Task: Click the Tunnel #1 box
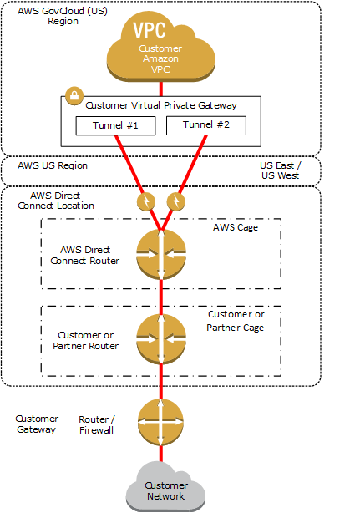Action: (115, 125)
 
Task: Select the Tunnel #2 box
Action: (206, 125)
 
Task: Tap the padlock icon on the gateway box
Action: (74, 96)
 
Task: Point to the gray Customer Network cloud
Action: (165, 487)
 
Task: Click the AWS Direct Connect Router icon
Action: (161, 255)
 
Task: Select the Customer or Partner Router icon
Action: (161, 339)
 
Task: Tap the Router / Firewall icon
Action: (160, 422)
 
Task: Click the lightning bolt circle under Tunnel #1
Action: (146, 201)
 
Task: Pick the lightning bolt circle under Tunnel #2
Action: (176, 201)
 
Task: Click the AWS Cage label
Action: (236, 228)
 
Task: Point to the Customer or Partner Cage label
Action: (236, 321)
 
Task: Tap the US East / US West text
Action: (280, 170)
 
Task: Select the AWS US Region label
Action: (53, 165)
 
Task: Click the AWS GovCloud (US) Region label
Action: (63, 16)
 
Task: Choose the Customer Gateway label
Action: (37, 424)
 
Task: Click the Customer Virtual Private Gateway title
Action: (161, 105)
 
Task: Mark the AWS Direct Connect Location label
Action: (56, 201)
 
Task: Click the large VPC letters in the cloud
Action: (150, 30)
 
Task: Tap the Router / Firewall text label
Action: (97, 424)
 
